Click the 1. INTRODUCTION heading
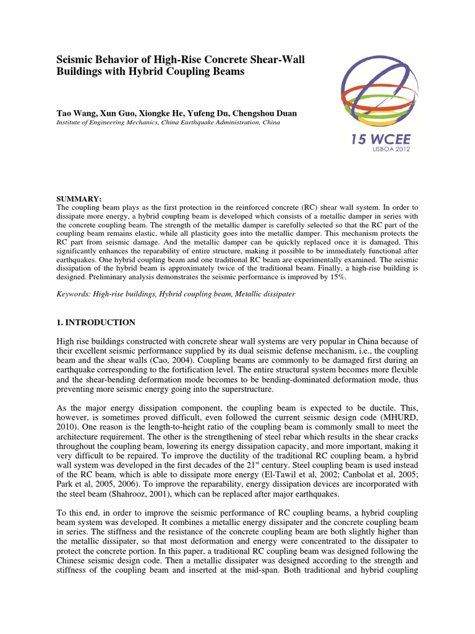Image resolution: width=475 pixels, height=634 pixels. pyautogui.click(x=96, y=323)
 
